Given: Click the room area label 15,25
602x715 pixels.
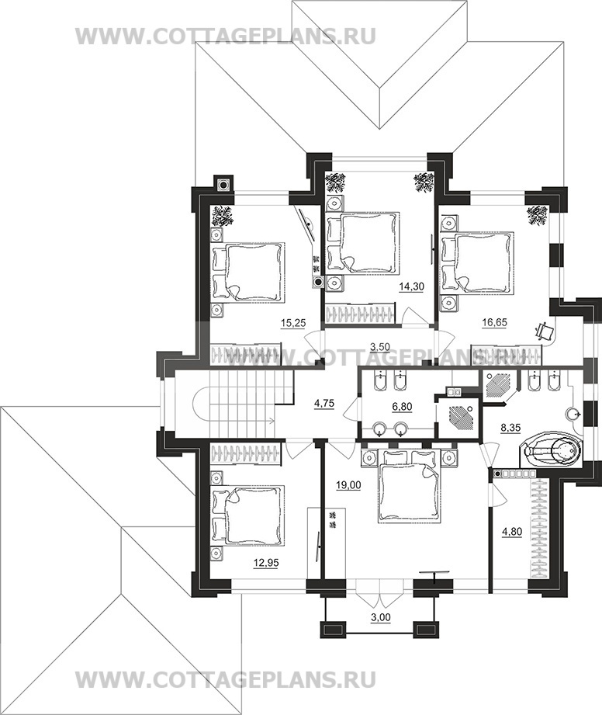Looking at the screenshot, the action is [292, 323].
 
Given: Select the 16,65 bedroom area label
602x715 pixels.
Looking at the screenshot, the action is [494, 323].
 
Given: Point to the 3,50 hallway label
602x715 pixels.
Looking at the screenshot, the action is [379, 346].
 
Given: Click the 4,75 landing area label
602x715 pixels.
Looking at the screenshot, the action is [325, 403].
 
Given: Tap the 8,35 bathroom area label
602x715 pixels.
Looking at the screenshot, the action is [510, 429].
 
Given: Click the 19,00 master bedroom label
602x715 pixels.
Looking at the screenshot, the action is [348, 486].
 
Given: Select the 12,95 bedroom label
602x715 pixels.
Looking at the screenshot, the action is [266, 563].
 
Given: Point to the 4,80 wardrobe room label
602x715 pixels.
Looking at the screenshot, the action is [512, 531].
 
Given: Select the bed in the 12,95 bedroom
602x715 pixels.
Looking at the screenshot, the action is [248, 515].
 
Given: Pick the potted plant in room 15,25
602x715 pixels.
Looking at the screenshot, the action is [223, 216].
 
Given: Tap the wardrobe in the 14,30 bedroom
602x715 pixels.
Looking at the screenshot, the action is [360, 315].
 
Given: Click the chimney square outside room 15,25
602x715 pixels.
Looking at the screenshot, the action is [223, 185].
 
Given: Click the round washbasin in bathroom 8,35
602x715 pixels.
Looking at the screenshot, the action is [573, 415].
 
